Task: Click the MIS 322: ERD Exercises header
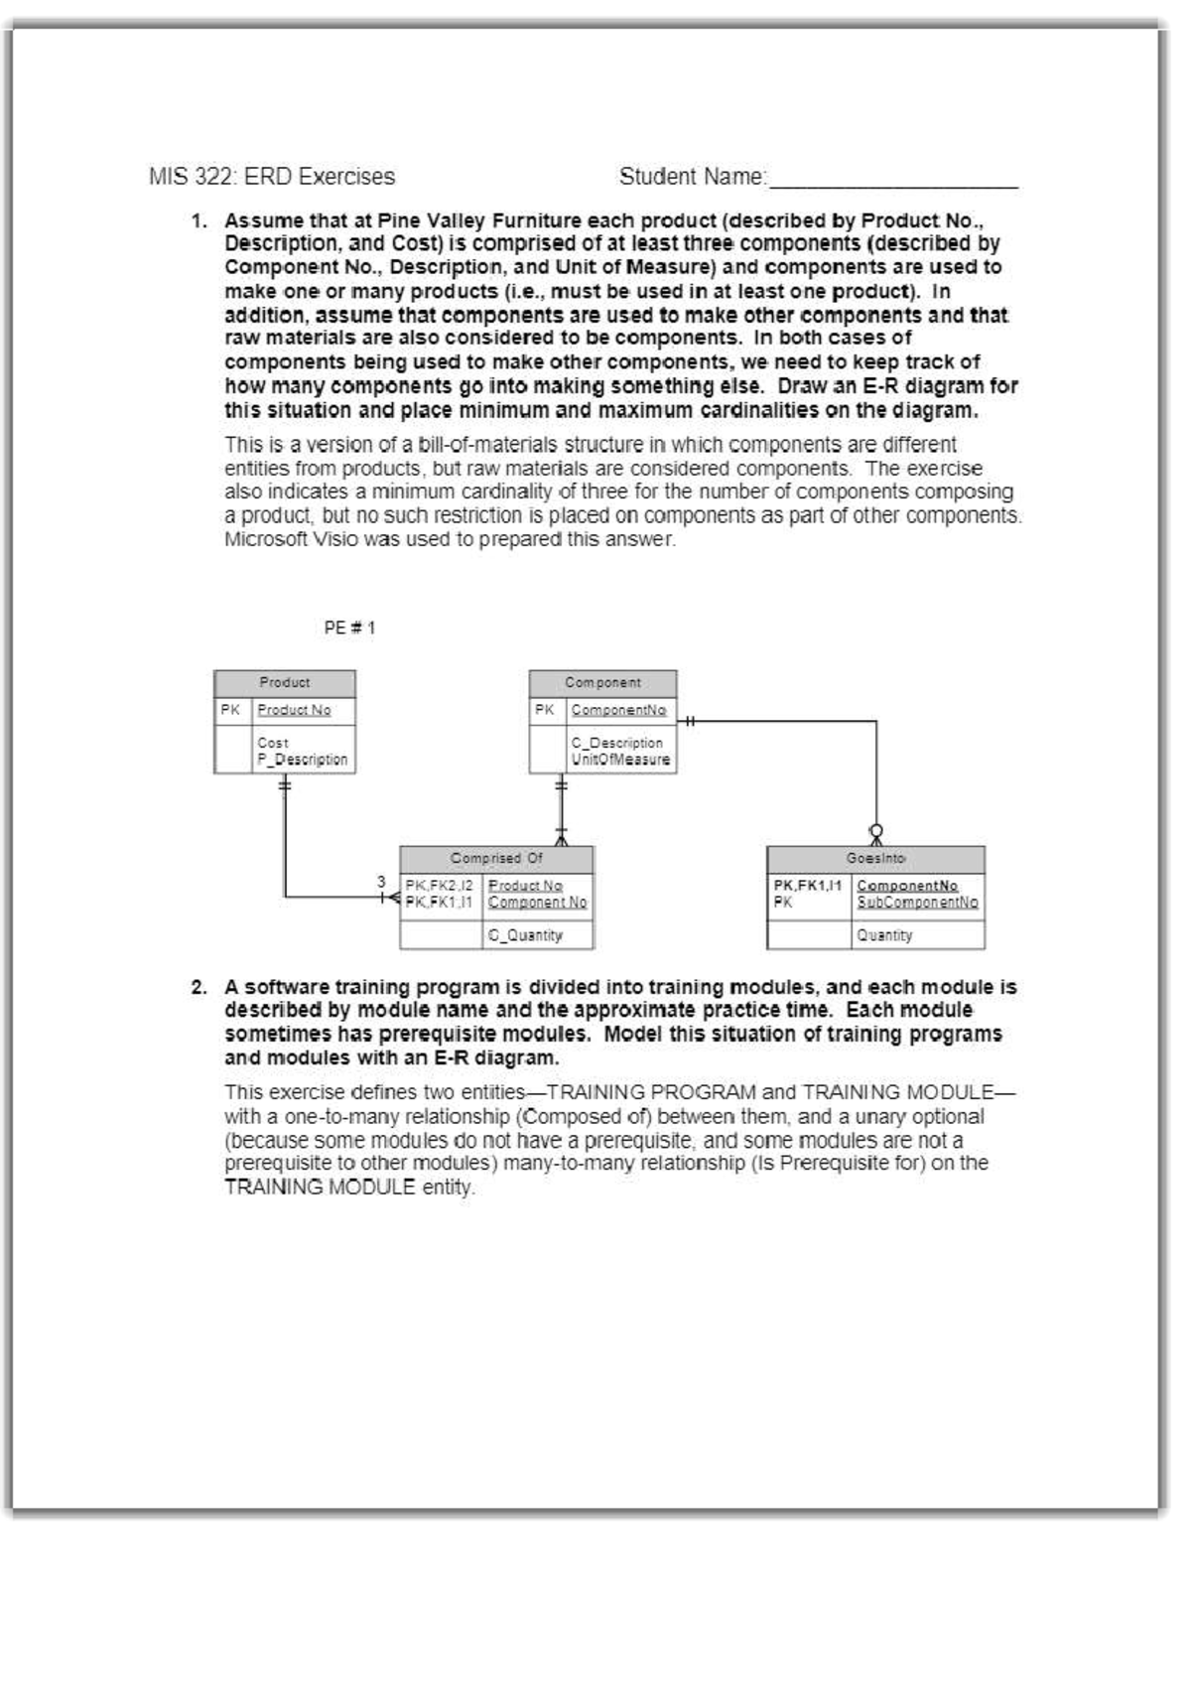coord(271,178)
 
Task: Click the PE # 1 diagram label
coord(349,628)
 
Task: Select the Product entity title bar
coord(285,683)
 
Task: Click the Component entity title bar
coord(602,683)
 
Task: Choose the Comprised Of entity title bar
coord(496,859)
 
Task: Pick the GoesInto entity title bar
coord(875,859)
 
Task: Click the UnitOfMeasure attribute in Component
coord(620,760)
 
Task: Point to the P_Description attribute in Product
coord(303,760)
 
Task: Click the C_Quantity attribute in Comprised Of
coord(525,935)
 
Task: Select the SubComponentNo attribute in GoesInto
coord(917,903)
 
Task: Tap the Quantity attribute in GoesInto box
coord(884,935)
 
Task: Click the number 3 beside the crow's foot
coord(381,881)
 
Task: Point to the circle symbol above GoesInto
coord(876,830)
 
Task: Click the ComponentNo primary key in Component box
coord(618,710)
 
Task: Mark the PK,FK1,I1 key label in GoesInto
coord(807,885)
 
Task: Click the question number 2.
coord(198,988)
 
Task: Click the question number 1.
coord(198,220)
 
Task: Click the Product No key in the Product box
coord(294,710)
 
